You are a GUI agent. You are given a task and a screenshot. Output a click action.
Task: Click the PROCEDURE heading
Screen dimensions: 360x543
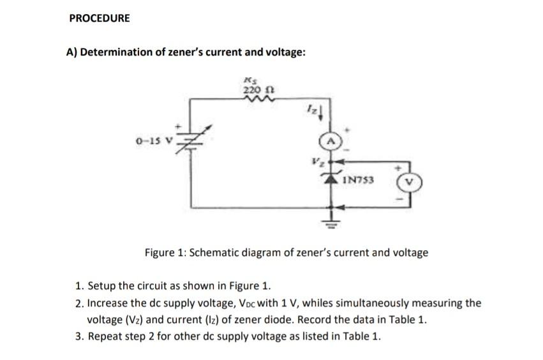[99, 19]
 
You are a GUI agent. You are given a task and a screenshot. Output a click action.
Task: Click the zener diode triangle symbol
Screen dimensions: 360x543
[332, 179]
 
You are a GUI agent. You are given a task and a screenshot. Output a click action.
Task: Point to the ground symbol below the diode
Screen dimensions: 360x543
[332, 222]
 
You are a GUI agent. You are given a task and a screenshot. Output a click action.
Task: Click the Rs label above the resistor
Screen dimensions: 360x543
[251, 80]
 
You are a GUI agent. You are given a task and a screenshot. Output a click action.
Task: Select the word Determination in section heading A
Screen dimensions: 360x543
[117, 52]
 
